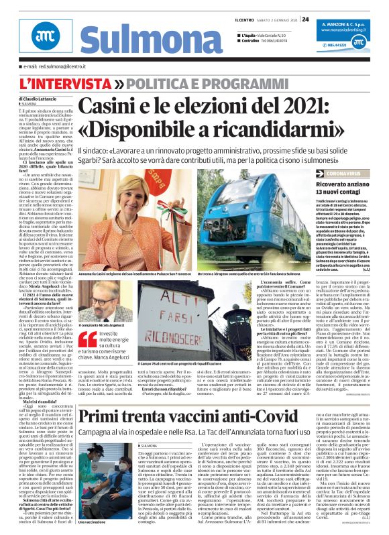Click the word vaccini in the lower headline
coord(217,398)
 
